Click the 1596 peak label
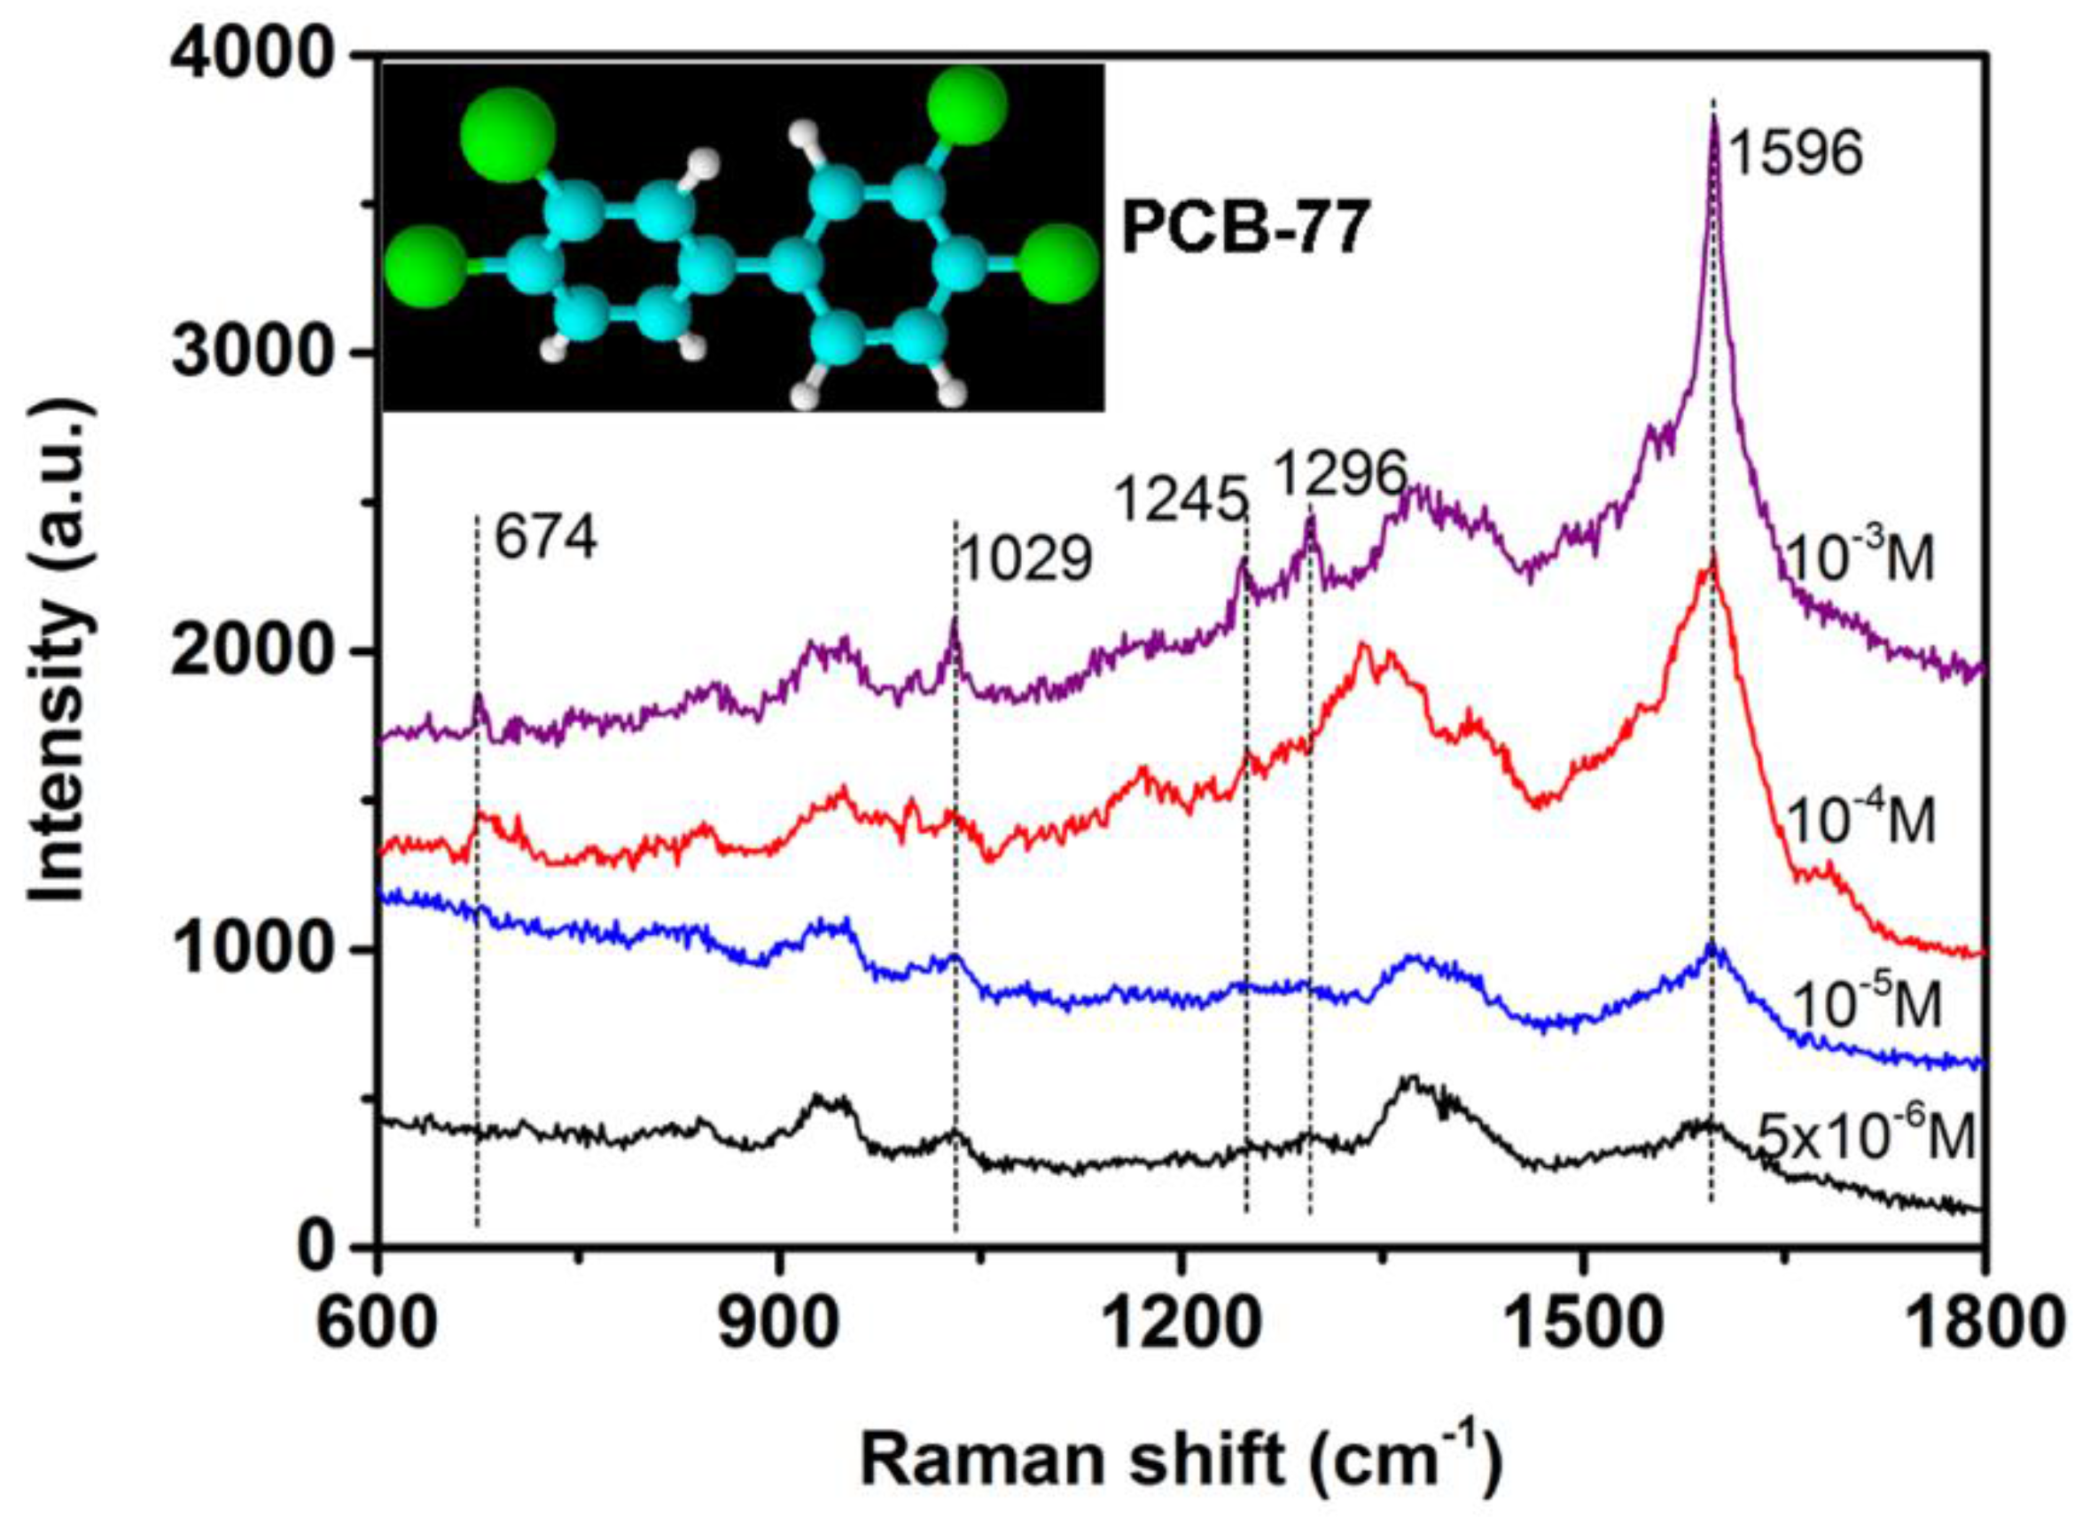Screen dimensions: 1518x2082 [x=1796, y=153]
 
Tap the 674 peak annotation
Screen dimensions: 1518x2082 [x=546, y=538]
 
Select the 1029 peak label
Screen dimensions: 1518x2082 [x=1026, y=559]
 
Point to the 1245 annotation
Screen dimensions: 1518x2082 [x=1181, y=502]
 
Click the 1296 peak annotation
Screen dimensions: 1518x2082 [x=1343, y=473]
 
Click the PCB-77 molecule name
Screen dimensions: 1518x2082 [x=1243, y=230]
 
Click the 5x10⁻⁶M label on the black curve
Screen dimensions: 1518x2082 [x=1865, y=1137]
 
